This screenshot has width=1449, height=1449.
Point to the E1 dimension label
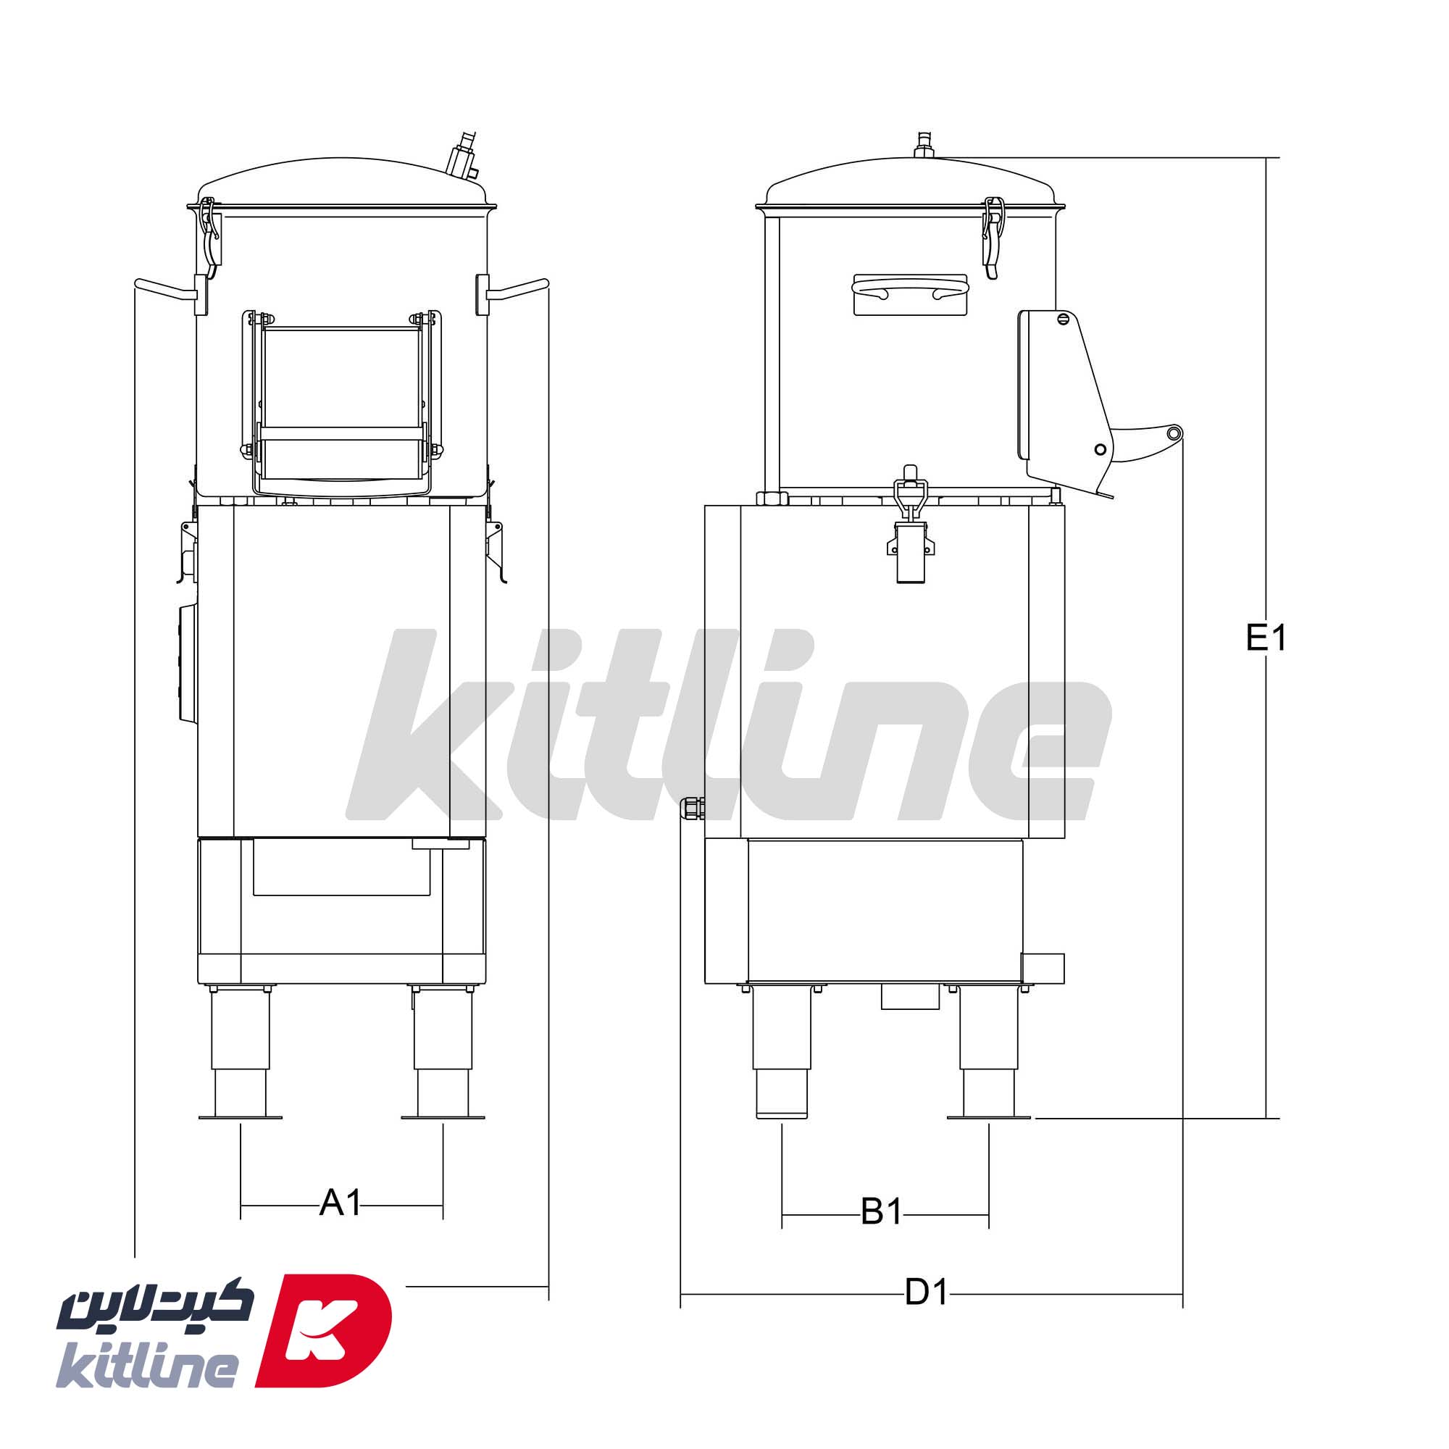(x=1266, y=638)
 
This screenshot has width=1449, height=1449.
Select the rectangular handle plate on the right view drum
(x=910, y=294)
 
